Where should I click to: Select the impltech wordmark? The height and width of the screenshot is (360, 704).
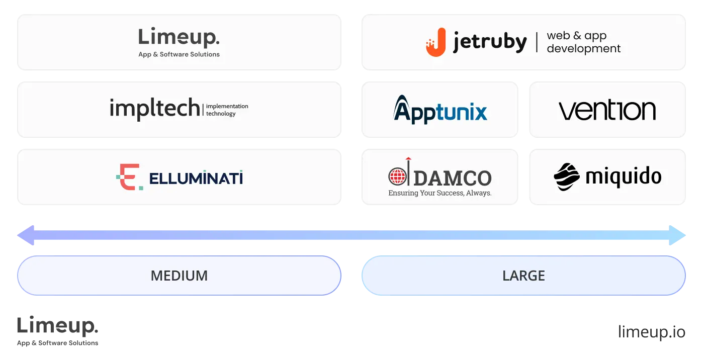[x=154, y=108]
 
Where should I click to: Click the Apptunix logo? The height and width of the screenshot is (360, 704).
[x=440, y=109]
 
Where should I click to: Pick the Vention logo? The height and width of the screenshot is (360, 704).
[x=607, y=110]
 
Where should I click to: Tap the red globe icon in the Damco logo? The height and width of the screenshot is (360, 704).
[x=397, y=176]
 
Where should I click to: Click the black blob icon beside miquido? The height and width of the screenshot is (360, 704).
[x=567, y=176]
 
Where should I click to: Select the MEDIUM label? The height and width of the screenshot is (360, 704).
[x=179, y=276]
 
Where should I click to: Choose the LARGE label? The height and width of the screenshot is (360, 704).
[x=523, y=276]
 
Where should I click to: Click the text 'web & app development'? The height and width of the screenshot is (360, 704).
[x=583, y=42]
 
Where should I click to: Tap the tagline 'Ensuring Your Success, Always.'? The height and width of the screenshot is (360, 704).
[x=440, y=193]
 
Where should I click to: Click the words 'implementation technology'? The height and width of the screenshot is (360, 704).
[x=227, y=110]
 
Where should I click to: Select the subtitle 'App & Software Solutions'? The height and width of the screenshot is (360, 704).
[x=179, y=54]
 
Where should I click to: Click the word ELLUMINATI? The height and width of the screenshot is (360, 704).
[x=196, y=178]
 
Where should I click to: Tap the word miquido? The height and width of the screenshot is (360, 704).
[x=623, y=176]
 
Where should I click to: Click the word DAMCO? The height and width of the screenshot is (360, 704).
[x=453, y=177]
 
